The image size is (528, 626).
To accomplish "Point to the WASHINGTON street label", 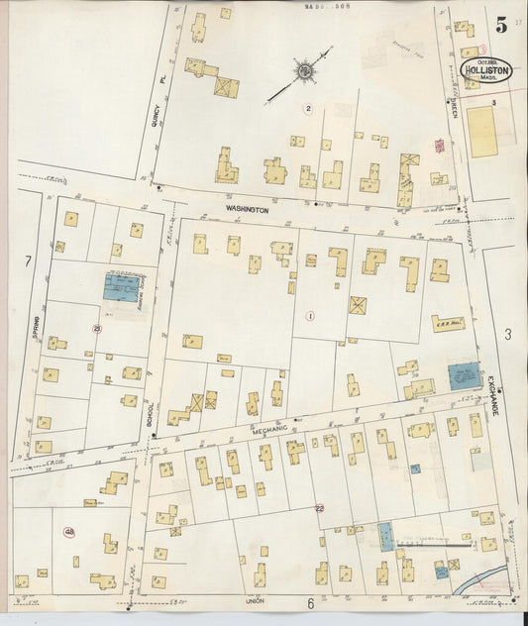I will (x=247, y=210).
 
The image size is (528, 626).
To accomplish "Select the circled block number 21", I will (x=96, y=328).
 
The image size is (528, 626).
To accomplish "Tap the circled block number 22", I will (x=319, y=507).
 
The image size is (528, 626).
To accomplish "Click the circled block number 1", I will (x=310, y=317).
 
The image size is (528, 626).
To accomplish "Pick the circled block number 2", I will (x=309, y=108).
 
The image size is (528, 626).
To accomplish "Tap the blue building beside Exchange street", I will (x=460, y=376).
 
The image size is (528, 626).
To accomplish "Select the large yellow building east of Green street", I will (x=481, y=132).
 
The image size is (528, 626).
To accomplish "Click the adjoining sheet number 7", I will (x=29, y=261).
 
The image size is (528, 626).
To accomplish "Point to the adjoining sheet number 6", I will (x=309, y=603).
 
